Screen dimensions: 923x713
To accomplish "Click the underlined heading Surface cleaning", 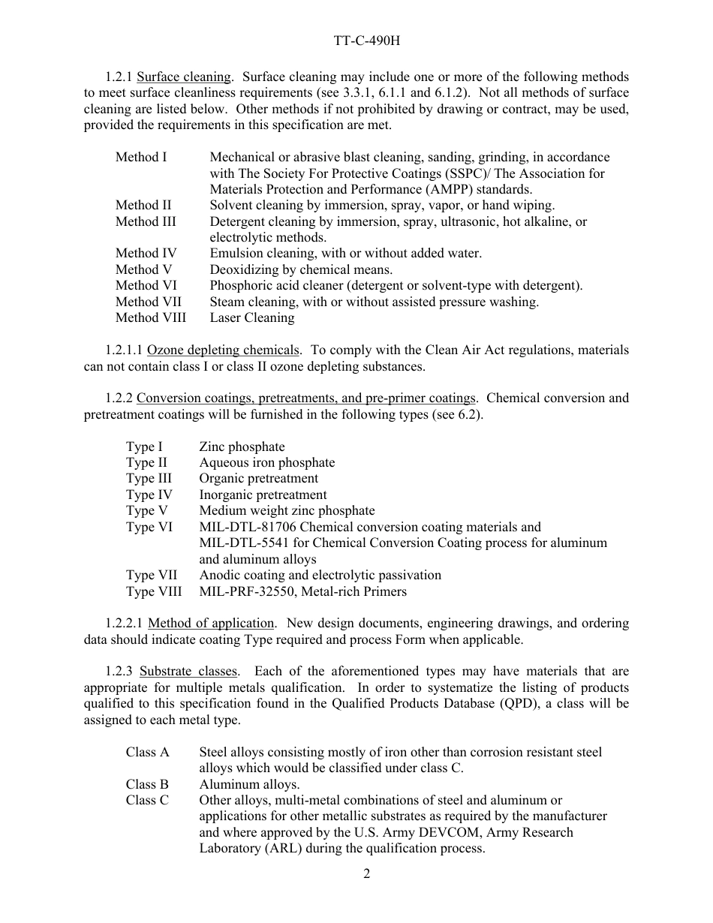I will click(x=184, y=77).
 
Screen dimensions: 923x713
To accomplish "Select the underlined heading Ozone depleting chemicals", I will click(x=224, y=350).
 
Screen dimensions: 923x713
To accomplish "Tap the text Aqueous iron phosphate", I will click(x=266, y=462).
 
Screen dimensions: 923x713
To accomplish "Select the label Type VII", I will click(x=151, y=575).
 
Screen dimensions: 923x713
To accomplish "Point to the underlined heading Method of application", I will click(x=211, y=623).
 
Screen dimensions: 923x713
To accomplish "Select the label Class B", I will click(x=147, y=784).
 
